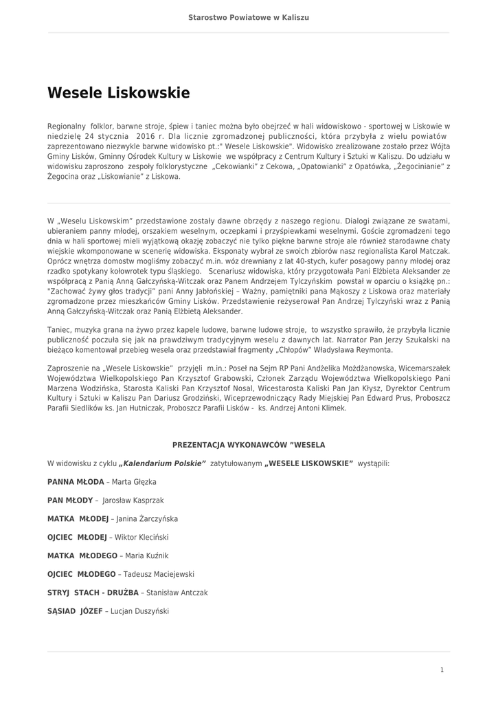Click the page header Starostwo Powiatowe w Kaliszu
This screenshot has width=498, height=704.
[249, 17]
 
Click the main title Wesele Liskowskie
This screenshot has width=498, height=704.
[118, 92]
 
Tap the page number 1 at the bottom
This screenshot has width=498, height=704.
[442, 669]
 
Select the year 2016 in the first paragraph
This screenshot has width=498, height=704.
[146, 136]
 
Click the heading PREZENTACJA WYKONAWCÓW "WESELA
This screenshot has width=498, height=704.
[249, 445]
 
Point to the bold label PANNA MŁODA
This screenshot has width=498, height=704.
[76, 482]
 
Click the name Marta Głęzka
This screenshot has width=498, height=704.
[134, 482]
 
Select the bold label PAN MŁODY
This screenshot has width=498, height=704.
[71, 500]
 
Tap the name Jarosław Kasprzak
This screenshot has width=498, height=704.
[133, 500]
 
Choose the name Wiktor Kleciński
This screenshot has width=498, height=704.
[141, 537]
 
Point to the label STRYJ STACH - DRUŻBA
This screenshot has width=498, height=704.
[93, 593]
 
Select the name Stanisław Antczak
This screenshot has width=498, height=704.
[177, 593]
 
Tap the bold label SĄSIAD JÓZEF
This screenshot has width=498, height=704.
[75, 610]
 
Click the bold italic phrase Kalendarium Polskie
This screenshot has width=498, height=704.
[163, 464]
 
